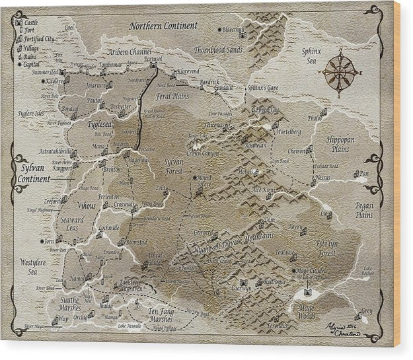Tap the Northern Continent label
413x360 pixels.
click(x=163, y=26)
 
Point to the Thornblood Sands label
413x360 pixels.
click(x=218, y=50)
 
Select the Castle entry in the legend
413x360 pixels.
click(x=30, y=22)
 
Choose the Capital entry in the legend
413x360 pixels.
click(x=31, y=64)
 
